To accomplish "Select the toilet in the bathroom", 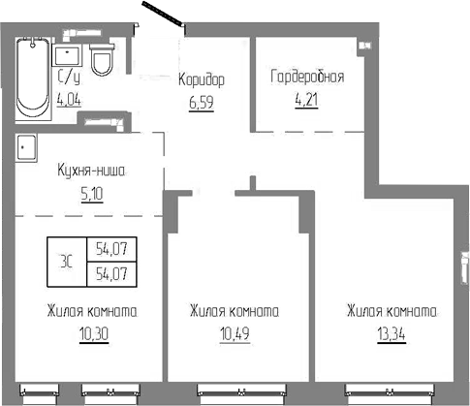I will pyautogui.click(x=102, y=62).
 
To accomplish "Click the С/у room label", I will pyautogui.click(x=69, y=78).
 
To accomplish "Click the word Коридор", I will pyautogui.click(x=201, y=78).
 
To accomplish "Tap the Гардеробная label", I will pyautogui.click(x=305, y=77).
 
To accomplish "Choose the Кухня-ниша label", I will pyautogui.click(x=92, y=171).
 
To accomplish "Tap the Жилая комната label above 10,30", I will pyautogui.click(x=90, y=312).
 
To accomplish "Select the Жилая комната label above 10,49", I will pyautogui.click(x=235, y=312).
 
